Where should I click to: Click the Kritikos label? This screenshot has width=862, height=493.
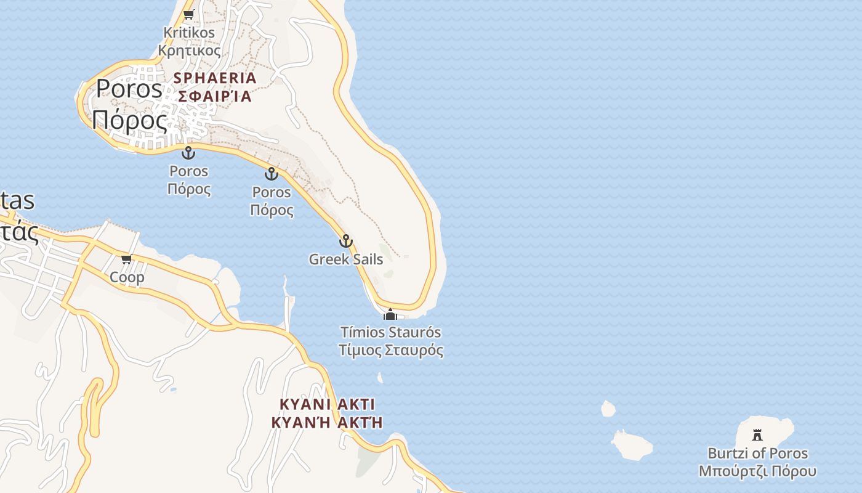point(189,33)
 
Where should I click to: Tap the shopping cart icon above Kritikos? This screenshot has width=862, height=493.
point(189,14)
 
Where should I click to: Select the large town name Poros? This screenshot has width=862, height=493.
point(129,89)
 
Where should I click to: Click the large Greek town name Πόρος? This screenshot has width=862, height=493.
point(130,120)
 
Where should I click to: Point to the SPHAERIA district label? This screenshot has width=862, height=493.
point(215,78)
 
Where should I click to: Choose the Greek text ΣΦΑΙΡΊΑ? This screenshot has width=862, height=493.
point(215,96)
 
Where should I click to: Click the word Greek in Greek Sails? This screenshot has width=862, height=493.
point(328,259)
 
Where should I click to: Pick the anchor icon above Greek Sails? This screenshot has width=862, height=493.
point(346,241)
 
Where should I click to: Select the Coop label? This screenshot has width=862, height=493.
point(127,277)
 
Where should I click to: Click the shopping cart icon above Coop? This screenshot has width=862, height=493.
point(127,259)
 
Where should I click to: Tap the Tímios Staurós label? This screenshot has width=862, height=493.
point(390,333)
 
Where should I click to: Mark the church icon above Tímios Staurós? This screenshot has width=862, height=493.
point(390,315)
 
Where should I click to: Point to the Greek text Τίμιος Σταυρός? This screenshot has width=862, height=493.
point(390,351)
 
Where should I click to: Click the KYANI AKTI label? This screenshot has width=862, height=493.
point(327,404)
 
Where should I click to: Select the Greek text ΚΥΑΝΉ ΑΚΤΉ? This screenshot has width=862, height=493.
point(327,422)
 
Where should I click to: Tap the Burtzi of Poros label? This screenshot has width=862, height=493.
point(757,454)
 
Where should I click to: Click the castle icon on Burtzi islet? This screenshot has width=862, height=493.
point(757,435)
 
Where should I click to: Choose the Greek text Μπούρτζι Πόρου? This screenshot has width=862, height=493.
point(757,471)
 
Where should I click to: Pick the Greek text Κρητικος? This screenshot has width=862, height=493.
point(189,51)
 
